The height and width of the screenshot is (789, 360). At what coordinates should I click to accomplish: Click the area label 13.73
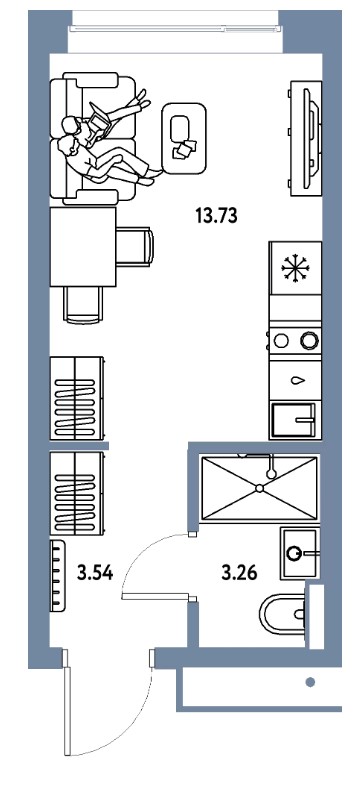[216, 215]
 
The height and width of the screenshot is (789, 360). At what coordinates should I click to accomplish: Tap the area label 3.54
[95, 572]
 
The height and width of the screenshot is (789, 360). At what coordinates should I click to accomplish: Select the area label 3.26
[239, 572]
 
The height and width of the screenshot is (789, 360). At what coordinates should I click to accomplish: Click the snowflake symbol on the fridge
[296, 268]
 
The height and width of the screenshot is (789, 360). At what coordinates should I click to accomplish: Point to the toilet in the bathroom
[283, 613]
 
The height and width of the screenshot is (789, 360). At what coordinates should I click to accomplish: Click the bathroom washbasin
[300, 553]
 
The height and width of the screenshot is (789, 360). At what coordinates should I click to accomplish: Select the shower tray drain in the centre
[259, 488]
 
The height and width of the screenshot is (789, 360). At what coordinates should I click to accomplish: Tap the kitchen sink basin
[293, 420]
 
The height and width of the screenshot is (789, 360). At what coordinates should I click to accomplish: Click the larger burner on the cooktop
[309, 341]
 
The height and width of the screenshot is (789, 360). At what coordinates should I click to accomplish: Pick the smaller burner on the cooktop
[281, 341]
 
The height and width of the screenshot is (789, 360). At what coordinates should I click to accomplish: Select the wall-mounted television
[305, 138]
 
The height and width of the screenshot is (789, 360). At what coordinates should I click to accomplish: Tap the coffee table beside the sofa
[184, 138]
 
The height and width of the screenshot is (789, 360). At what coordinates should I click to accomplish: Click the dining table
[83, 247]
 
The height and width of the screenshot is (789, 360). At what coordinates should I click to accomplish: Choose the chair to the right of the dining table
[135, 247]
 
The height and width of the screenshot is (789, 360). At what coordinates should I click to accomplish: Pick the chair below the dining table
[83, 304]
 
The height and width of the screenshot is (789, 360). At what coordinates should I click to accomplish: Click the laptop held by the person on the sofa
[100, 121]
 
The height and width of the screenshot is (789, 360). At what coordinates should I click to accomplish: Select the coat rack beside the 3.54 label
[57, 576]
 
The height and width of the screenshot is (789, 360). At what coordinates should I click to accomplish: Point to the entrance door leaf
[67, 702]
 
